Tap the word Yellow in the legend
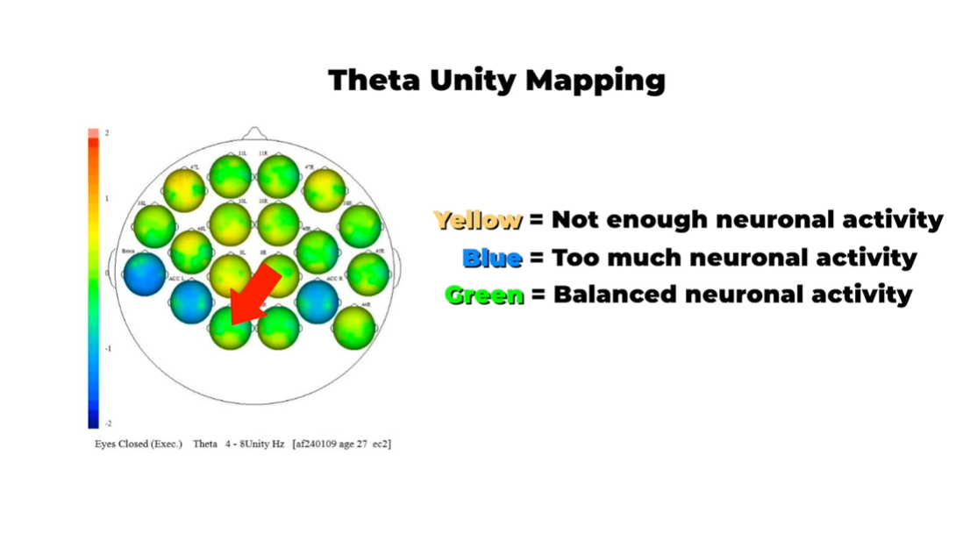click(478, 220)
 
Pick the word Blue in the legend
click(492, 258)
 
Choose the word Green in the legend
click(484, 295)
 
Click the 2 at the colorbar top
click(107, 133)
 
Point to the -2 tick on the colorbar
click(108, 423)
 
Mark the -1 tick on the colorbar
click(108, 349)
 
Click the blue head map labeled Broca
click(145, 274)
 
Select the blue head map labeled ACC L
click(190, 301)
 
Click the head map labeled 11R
click(278, 176)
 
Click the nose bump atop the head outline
click(253, 132)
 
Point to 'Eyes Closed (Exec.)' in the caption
click(139, 444)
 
